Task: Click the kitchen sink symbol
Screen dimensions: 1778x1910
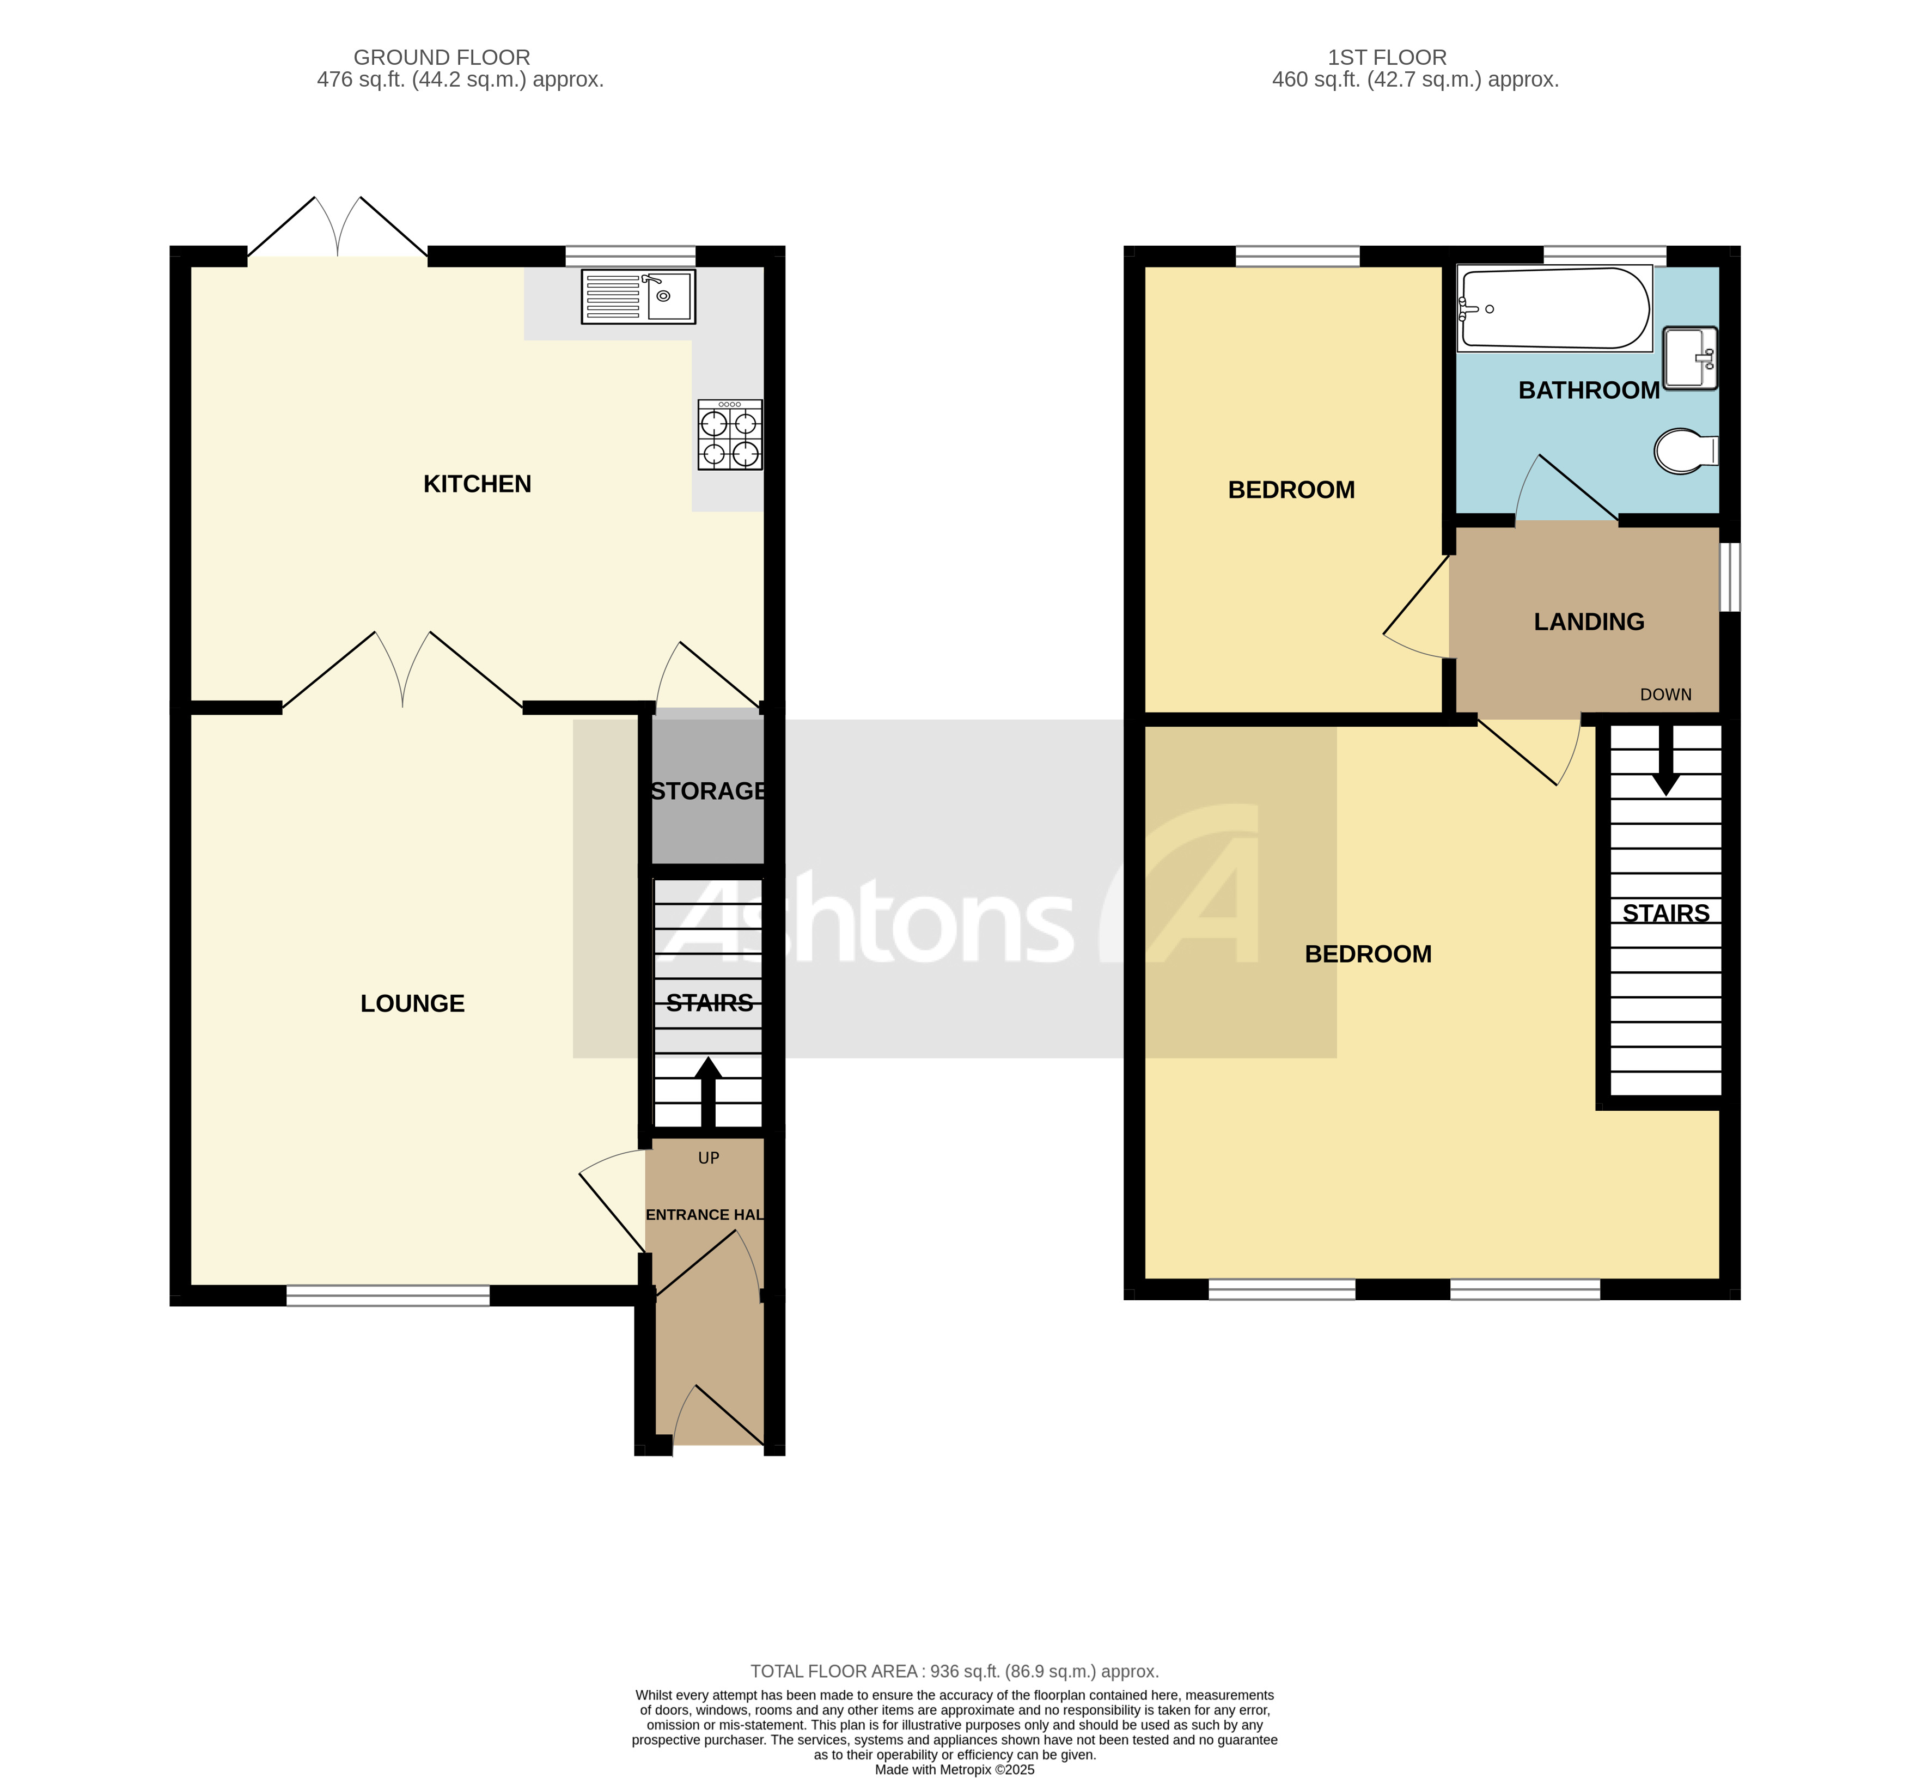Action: [638, 296]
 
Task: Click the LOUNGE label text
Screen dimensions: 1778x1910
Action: [412, 1003]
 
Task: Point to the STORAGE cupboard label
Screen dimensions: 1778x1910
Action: [708, 791]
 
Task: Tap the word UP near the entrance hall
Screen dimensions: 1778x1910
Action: [708, 1158]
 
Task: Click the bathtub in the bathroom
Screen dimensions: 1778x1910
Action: [1554, 308]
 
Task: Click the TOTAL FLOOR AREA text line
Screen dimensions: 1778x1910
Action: [954, 1671]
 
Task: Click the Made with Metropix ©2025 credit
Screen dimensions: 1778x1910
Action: [954, 1769]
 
